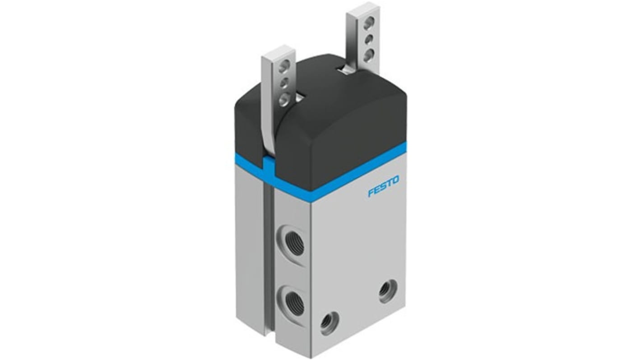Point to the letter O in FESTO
[x=395, y=180]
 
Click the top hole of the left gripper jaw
[x=284, y=68]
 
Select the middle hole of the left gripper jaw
[x=283, y=83]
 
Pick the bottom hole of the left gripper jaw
[x=283, y=98]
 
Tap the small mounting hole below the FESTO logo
[x=388, y=291]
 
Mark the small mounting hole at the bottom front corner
[x=329, y=323]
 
